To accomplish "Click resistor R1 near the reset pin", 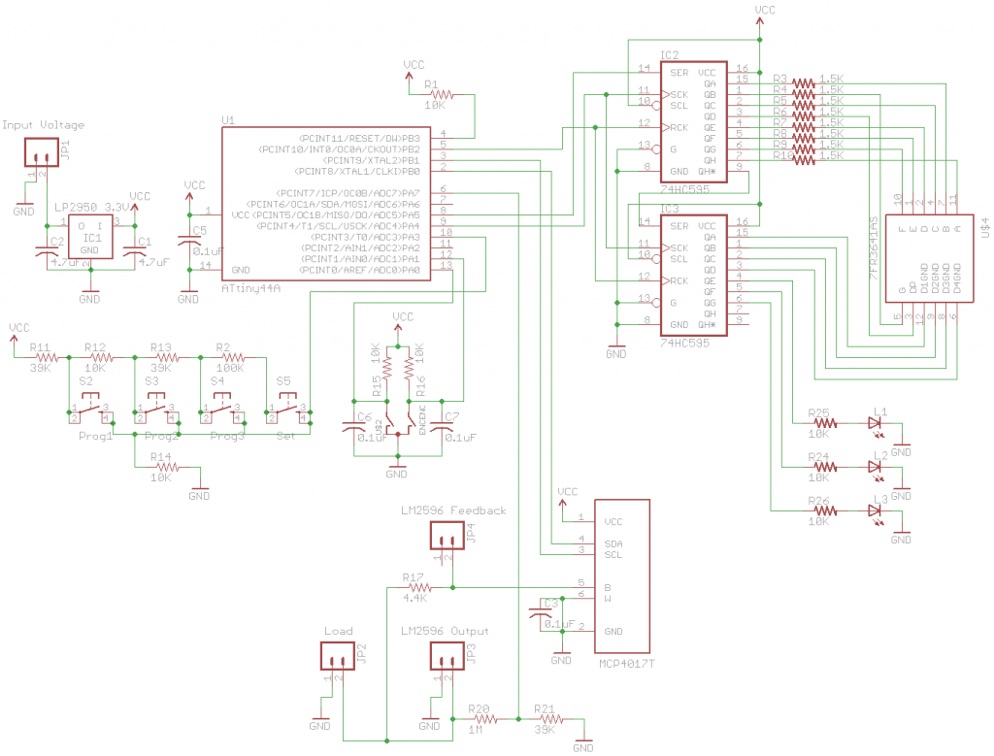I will tap(441, 94).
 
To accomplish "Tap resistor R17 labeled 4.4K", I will tap(419, 587).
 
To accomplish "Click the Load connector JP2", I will tap(336, 660).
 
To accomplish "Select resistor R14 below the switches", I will tap(167, 467).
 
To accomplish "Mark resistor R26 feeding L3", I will tap(824, 509).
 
